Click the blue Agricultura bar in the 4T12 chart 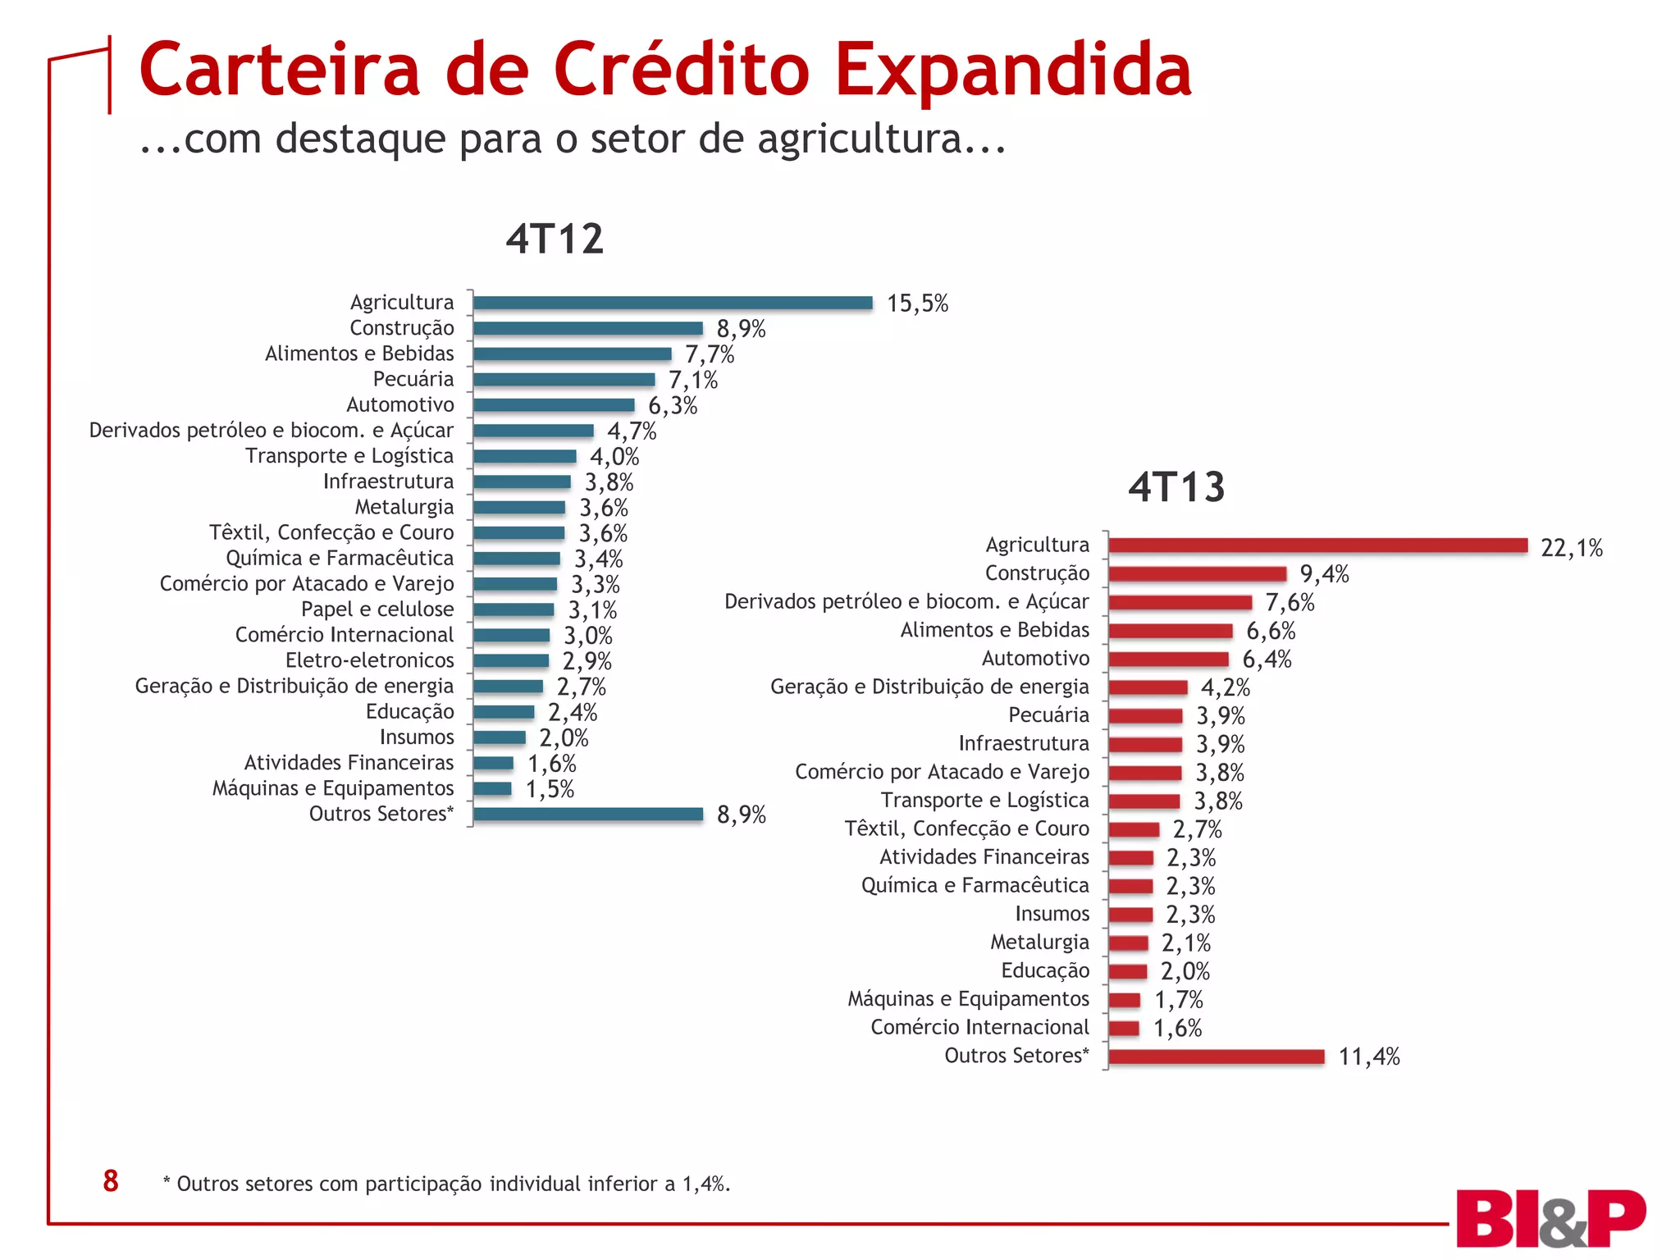coord(673,303)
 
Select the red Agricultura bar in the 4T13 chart coord(1317,546)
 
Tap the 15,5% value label coord(917,304)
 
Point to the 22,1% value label coord(1571,548)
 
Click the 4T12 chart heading coord(555,239)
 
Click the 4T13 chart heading coord(1176,486)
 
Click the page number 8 coord(111,1181)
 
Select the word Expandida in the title coord(1013,70)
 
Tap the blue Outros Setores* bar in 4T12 coord(588,814)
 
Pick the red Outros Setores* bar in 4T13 coord(1216,1057)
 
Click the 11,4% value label coord(1368,1057)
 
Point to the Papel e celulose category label coord(377,609)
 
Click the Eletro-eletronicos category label coord(369,660)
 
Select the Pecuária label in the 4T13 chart coord(1048,715)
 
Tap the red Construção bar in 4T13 coord(1197,574)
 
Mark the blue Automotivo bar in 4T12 coord(554,405)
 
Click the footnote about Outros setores coord(446,1184)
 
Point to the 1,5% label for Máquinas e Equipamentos coord(550,789)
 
